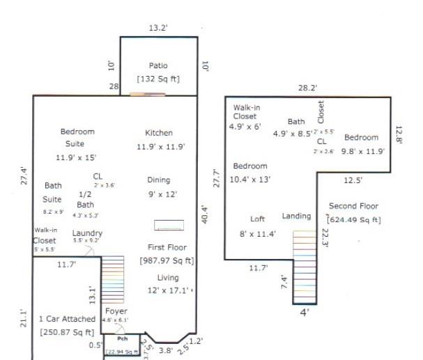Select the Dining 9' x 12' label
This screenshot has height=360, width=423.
[159, 187]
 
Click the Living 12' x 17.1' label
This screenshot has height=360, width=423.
[167, 283]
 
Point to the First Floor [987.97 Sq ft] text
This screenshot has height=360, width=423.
[167, 254]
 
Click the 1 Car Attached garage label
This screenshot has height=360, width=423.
[67, 323]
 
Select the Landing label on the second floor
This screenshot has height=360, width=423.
[296, 217]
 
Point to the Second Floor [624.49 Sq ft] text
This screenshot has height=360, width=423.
[353, 213]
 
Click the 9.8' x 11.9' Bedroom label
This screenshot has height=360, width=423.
[361, 143]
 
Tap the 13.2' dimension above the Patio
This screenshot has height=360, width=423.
[158, 28]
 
